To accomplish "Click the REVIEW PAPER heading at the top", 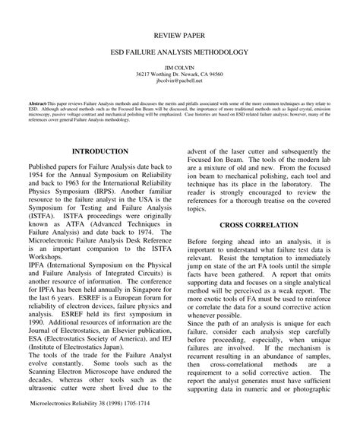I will (180, 35).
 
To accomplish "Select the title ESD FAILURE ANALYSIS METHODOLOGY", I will (180, 55).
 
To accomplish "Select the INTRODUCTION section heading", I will (101, 151).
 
